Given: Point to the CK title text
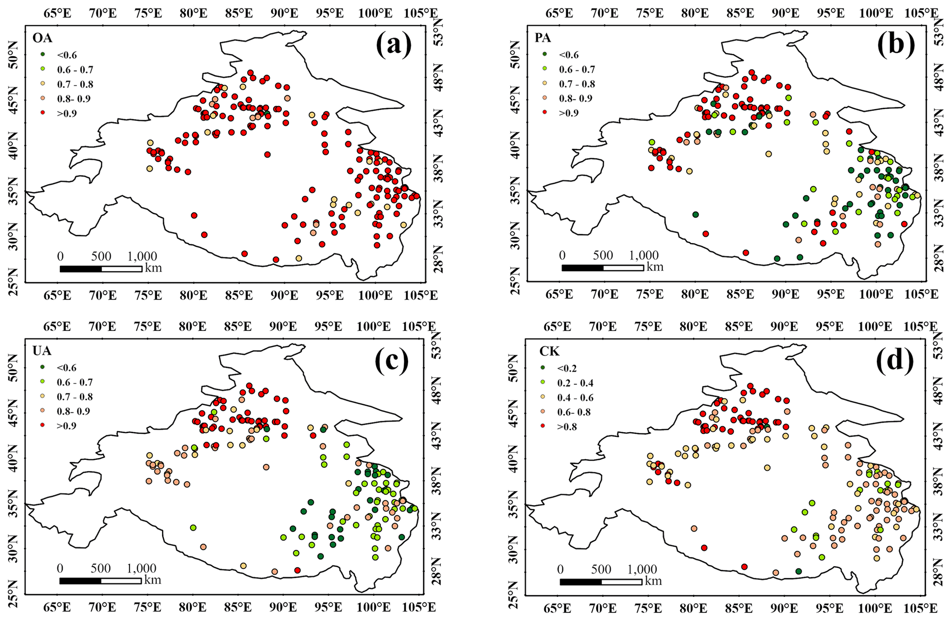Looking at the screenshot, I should [549, 352].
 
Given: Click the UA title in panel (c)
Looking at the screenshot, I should [41, 351].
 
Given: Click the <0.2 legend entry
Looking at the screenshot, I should [566, 368].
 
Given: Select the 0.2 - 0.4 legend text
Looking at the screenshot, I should [576, 383].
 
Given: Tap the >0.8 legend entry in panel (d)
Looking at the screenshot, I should [566, 427].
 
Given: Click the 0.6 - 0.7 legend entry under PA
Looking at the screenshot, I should [577, 70].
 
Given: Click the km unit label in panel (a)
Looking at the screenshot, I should [153, 267].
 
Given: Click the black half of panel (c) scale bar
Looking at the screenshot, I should [80, 580].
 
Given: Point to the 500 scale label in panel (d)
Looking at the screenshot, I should [602, 569].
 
